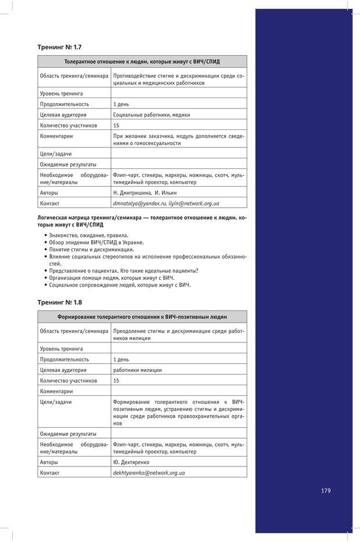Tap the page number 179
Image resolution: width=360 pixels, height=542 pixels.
(x=326, y=490)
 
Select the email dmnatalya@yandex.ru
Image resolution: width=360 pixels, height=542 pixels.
(x=140, y=204)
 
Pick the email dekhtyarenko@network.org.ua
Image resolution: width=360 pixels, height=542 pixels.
(x=149, y=473)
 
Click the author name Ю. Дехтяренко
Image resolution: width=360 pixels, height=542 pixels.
(x=131, y=462)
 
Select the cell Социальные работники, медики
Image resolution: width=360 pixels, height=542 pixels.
(x=152, y=115)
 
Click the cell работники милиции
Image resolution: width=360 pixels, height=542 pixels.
(x=138, y=370)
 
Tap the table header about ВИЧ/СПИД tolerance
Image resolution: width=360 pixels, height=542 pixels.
(x=142, y=61)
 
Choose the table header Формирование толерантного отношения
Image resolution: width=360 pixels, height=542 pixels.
(x=142, y=317)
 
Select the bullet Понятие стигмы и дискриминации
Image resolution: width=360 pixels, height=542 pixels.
(x=91, y=249)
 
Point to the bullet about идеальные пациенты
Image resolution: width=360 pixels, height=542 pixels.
(x=124, y=270)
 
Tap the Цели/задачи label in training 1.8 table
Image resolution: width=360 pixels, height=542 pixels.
(x=56, y=402)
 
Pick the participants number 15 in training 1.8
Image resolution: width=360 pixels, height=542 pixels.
(x=117, y=381)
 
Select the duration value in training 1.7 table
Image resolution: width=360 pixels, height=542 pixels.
(x=121, y=104)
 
